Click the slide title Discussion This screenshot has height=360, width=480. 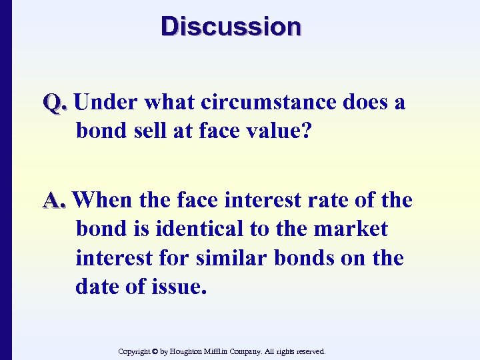(231, 27)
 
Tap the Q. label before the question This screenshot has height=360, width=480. (55, 103)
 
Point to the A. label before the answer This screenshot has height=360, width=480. (55, 200)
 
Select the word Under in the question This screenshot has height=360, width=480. (106, 103)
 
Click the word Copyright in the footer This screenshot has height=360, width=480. (134, 351)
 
